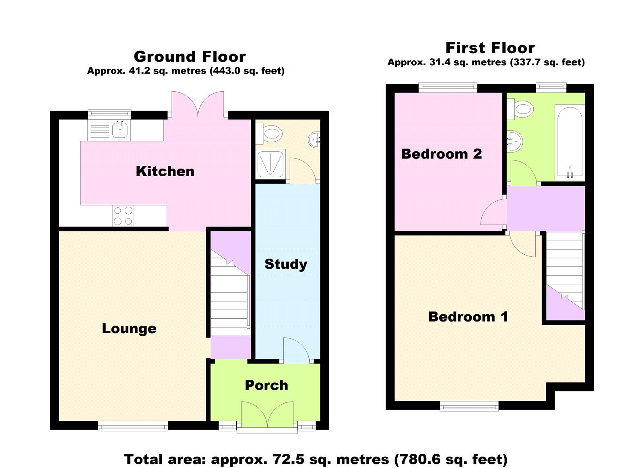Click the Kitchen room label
[165, 171]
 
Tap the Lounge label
[129, 329]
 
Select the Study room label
[286, 264]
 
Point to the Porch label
[266, 386]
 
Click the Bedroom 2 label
[441, 154]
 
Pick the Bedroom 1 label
[468, 317]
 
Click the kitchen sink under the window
[120, 130]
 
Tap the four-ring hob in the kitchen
[123, 216]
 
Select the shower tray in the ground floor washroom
[270, 163]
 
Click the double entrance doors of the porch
[267, 414]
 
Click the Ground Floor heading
[190, 57]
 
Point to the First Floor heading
[490, 48]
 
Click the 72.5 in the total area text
[288, 460]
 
